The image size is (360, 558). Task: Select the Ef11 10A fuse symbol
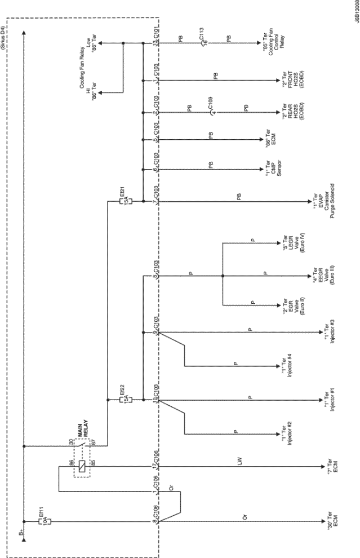pyautogui.click(x=41, y=521)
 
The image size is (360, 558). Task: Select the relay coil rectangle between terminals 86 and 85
pyautogui.click(x=83, y=466)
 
